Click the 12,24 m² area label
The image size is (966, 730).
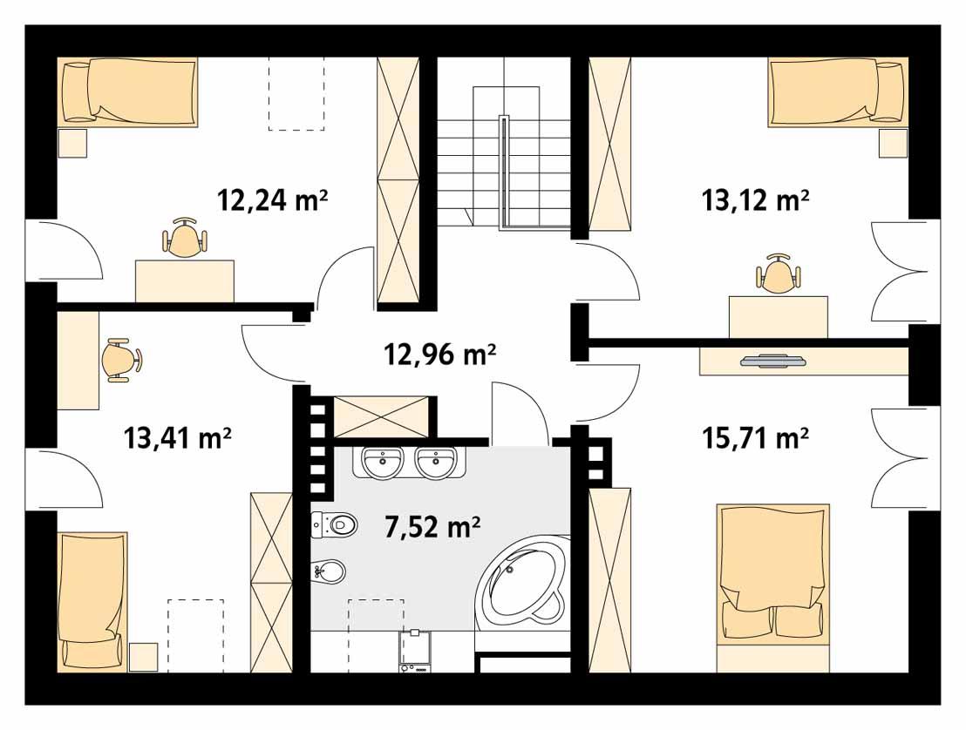coord(272,201)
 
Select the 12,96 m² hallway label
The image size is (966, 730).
coord(439,355)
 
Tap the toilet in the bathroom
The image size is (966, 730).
coord(336,524)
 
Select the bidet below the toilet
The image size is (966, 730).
coord(330,572)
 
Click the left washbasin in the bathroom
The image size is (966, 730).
coord(383,461)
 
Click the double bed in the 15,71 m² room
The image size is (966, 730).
coord(772,575)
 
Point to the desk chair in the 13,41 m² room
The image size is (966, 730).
coord(120,359)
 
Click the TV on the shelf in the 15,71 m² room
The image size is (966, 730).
coord(772,360)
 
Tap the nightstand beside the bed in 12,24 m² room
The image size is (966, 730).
coord(73,143)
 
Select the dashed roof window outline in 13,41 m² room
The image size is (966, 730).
coord(196,634)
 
